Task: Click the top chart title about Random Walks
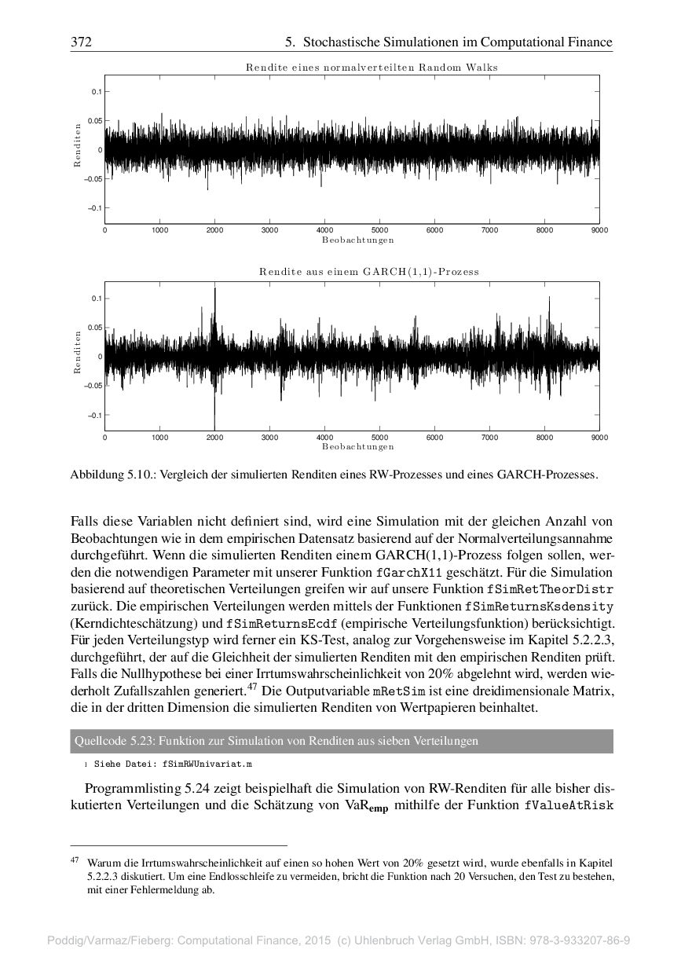pos(372,68)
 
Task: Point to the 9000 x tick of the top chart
pos(599,230)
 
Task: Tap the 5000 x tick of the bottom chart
pos(379,437)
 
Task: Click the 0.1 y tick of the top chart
pos(97,92)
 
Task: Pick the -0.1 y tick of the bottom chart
pos(95,415)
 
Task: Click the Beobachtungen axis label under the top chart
pos(357,240)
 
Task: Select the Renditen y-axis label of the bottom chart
pos(78,352)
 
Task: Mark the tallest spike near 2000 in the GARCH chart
pos(214,299)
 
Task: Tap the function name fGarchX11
pos(414,573)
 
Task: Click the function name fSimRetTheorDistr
pos(551,588)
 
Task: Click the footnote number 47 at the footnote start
pos(75,861)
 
